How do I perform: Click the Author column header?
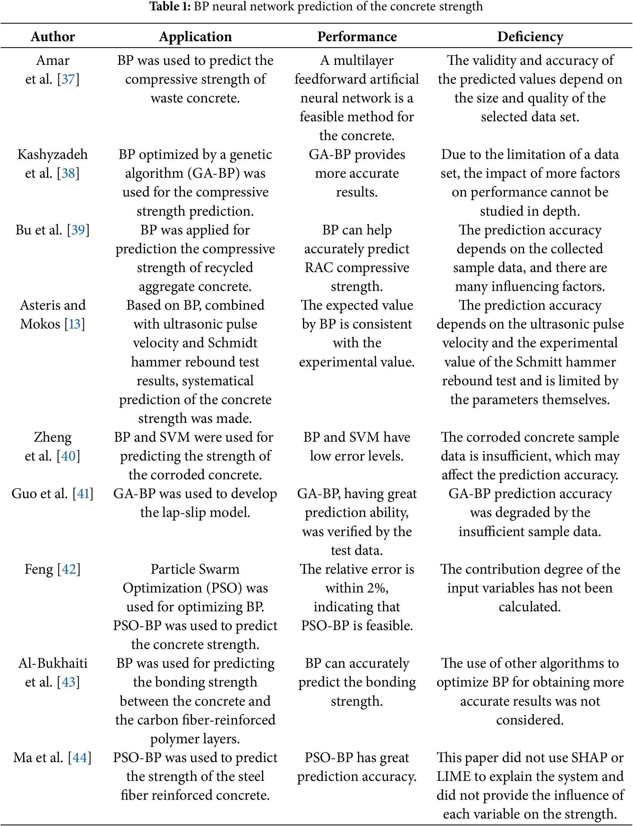pyautogui.click(x=53, y=37)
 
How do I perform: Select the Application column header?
pyautogui.click(x=195, y=37)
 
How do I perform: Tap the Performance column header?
pyautogui.click(x=357, y=37)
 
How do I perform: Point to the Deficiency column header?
pyautogui.click(x=530, y=37)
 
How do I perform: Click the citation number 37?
pyautogui.click(x=68, y=79)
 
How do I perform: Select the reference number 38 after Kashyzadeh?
pyautogui.click(x=68, y=173)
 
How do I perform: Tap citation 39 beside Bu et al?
pyautogui.click(x=78, y=230)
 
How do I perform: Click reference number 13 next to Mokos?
pyautogui.click(x=75, y=324)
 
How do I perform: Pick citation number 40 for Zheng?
pyautogui.click(x=68, y=456)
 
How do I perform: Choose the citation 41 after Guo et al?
pyautogui.click(x=83, y=494)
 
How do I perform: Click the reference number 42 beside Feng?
pyautogui.click(x=68, y=569)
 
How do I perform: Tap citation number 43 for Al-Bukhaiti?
pyautogui.click(x=68, y=682)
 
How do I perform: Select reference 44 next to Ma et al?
pyautogui.click(x=79, y=758)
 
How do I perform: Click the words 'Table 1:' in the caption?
pyautogui.click(x=170, y=6)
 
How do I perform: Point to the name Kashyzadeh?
pyautogui.click(x=53, y=154)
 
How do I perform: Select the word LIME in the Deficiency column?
pyautogui.click(x=454, y=776)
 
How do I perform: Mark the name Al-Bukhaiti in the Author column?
pyautogui.click(x=53, y=663)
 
